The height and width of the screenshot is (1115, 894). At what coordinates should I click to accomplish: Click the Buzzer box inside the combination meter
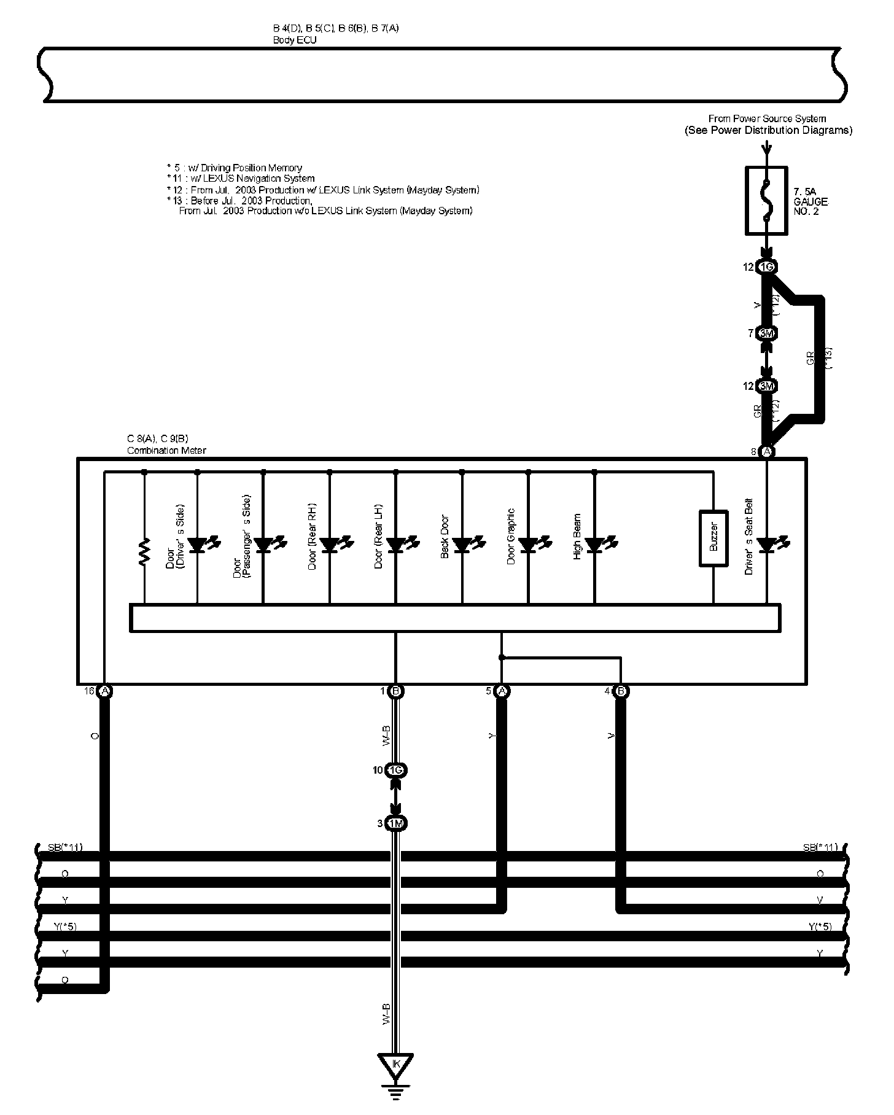713,538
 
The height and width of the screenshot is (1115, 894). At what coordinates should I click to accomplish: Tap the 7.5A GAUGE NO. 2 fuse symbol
766,200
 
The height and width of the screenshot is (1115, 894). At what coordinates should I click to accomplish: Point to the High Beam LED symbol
595,545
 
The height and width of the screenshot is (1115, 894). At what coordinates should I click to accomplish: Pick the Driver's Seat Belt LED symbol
767,545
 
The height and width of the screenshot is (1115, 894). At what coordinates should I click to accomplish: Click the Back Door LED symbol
462,545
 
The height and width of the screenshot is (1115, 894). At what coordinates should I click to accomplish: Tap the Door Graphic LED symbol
529,545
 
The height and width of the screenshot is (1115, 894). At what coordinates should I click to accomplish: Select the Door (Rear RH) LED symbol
330,545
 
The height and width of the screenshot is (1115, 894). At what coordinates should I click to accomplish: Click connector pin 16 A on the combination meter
105,691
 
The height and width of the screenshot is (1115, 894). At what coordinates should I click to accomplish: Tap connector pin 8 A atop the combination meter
766,452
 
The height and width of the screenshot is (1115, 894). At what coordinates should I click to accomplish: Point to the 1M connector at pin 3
396,823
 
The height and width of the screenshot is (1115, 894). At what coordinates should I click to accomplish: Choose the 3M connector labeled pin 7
766,333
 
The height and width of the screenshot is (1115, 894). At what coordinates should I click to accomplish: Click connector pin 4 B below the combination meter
621,691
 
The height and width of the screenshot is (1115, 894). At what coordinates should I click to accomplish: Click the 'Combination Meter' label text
166,450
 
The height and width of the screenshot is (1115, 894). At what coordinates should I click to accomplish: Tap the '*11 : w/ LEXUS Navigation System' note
241,179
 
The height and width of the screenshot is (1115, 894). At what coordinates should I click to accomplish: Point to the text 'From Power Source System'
767,118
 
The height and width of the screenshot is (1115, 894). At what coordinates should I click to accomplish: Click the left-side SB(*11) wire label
65,848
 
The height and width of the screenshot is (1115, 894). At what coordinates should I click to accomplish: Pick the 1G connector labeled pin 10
396,771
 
